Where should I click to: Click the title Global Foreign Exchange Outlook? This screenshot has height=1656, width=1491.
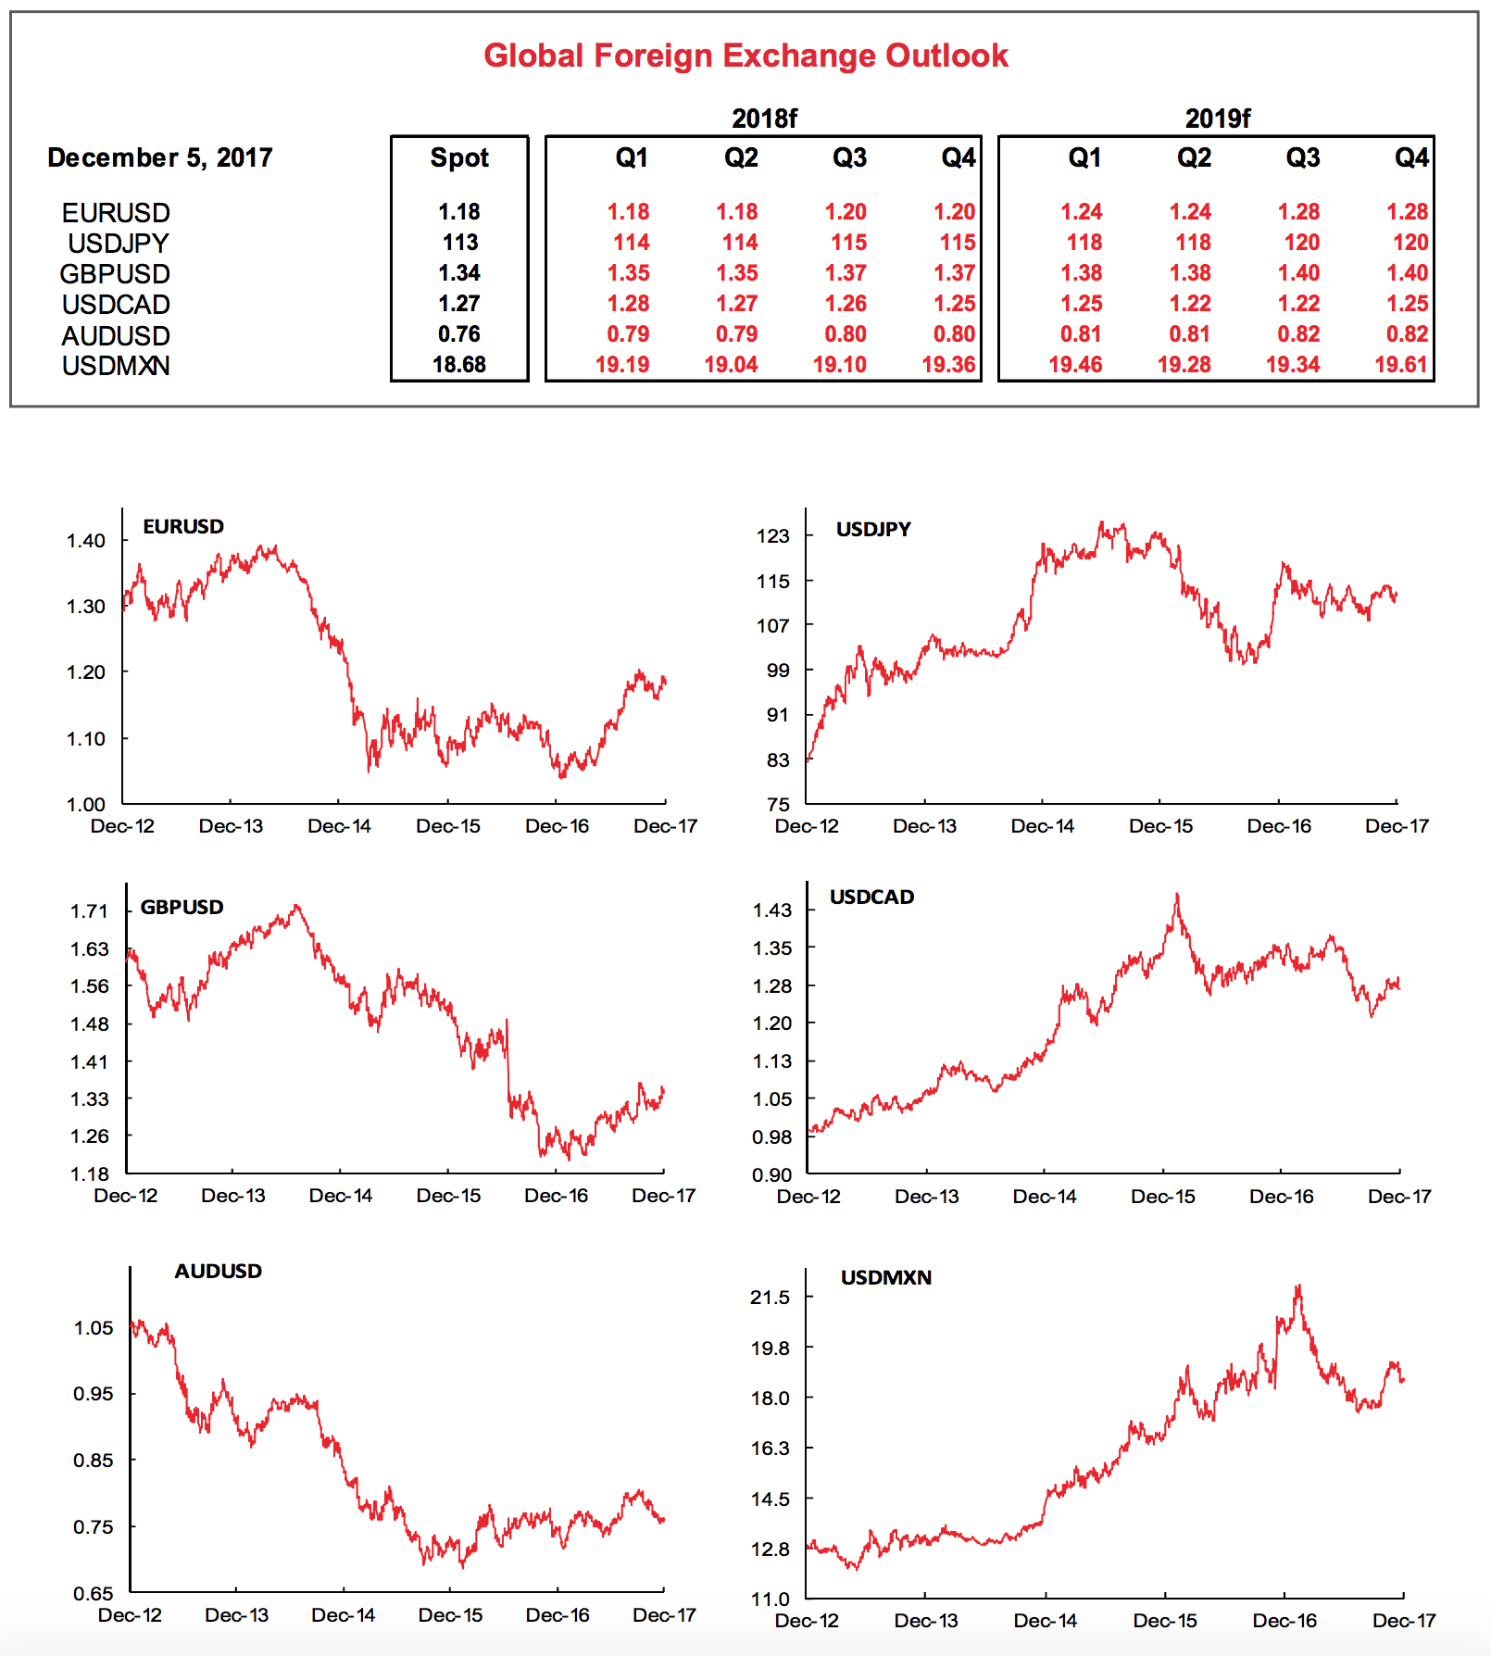tap(745, 56)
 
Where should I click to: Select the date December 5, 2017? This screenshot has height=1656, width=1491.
tap(159, 157)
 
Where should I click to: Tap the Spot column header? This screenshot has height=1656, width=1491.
tap(459, 157)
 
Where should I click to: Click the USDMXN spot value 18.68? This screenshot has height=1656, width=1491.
tap(459, 365)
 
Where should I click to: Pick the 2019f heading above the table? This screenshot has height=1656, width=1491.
tap(1217, 119)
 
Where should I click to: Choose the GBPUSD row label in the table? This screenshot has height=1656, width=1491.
tap(115, 274)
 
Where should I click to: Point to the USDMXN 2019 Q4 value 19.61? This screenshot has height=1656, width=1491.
tap(1401, 365)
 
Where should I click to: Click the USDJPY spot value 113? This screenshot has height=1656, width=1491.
tap(460, 243)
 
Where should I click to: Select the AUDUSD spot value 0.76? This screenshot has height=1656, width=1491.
tap(459, 334)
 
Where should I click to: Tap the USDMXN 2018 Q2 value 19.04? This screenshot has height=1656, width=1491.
tap(731, 365)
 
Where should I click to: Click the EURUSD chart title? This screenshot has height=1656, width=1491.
tap(183, 527)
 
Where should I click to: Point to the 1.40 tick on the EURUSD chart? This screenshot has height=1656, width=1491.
tap(86, 541)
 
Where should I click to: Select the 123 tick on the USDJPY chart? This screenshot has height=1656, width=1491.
tap(773, 536)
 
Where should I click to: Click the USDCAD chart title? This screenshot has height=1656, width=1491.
tap(871, 897)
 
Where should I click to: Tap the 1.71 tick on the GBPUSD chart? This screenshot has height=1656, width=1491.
tap(90, 911)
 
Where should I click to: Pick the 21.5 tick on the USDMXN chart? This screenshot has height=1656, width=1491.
tap(771, 1298)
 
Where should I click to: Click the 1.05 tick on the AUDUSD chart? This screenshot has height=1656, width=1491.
tap(94, 1328)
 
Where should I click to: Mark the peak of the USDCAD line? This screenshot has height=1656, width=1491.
tap(1177, 895)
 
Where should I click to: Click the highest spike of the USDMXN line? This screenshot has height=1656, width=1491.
tap(1299, 1286)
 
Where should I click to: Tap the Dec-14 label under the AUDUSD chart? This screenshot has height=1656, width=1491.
tap(344, 1615)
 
